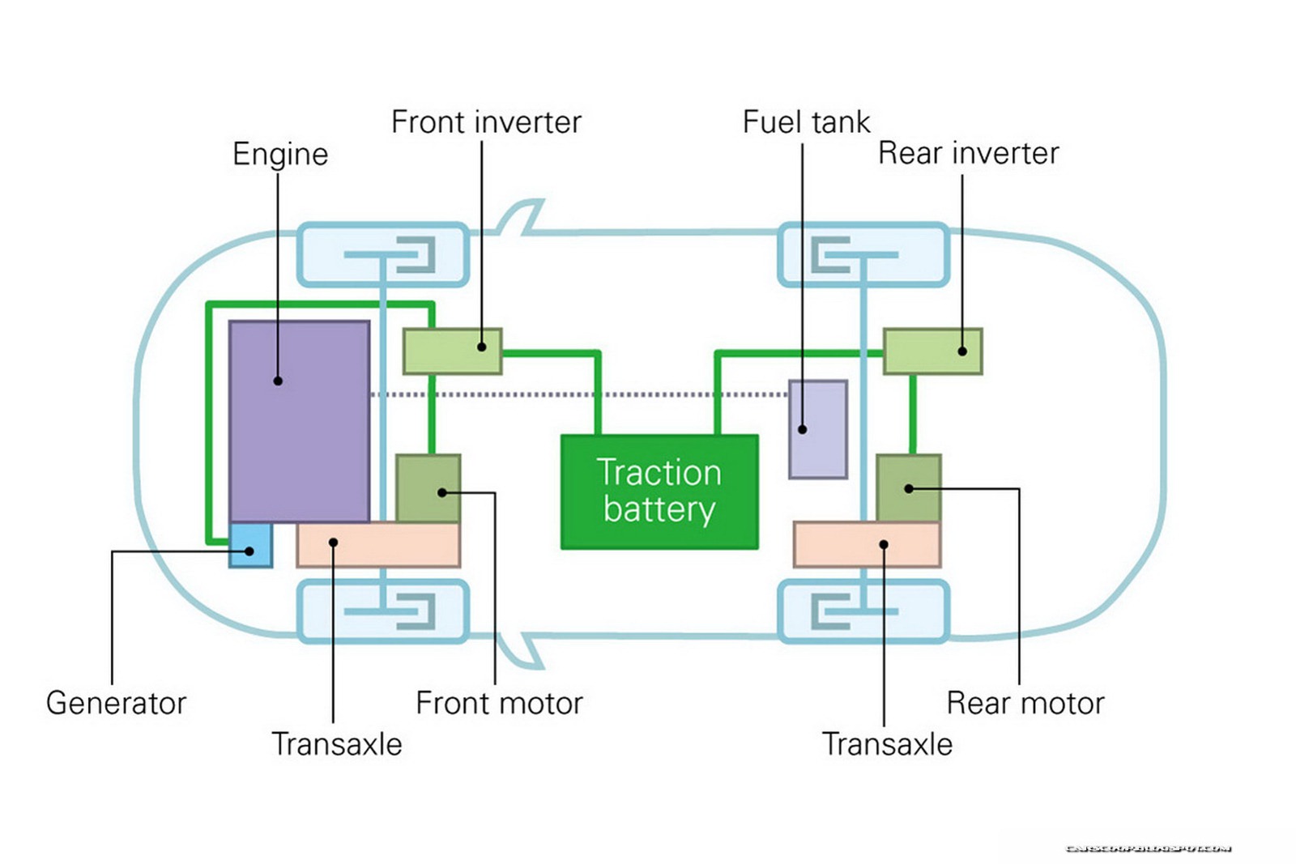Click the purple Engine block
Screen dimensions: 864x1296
pyautogui.click(x=299, y=421)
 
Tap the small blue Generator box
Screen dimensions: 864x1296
pyautogui.click(x=250, y=545)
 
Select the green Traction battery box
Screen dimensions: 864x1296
pyautogui.click(x=659, y=492)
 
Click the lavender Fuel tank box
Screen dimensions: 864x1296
pyautogui.click(x=818, y=429)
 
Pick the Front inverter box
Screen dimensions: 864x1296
pyautogui.click(x=452, y=351)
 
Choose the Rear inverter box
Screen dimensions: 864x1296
pyautogui.click(x=932, y=351)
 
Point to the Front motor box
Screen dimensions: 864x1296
pyautogui.click(x=428, y=488)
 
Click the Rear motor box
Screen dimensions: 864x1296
pyautogui.click(x=908, y=488)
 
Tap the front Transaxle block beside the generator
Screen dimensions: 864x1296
pyautogui.click(x=378, y=545)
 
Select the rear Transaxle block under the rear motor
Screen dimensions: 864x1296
pyautogui.click(x=867, y=544)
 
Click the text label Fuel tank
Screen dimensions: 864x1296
pyautogui.click(x=806, y=122)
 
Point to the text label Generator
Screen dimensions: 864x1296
pyautogui.click(x=116, y=703)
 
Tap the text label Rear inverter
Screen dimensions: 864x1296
pyautogui.click(x=968, y=153)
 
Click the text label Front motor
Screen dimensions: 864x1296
pyautogui.click(x=499, y=703)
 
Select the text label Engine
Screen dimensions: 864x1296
pyautogui.click(x=280, y=154)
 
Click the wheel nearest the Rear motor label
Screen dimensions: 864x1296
pyautogui.click(x=863, y=611)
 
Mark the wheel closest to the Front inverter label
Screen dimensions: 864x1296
pyautogui.click(x=383, y=255)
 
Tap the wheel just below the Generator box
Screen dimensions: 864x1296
pyautogui.click(x=383, y=611)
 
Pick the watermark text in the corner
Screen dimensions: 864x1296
pyautogui.click(x=1148, y=849)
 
